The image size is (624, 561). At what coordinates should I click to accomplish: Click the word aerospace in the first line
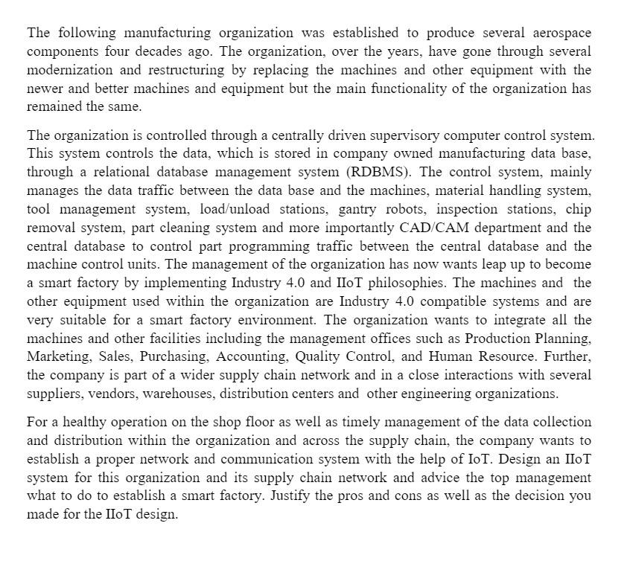click(x=562, y=33)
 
